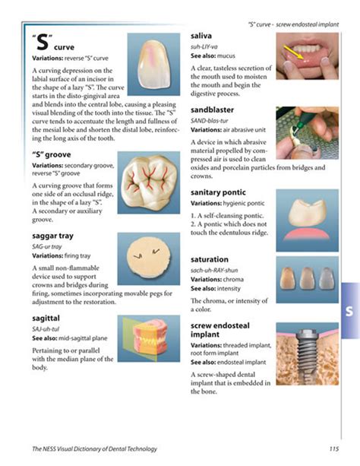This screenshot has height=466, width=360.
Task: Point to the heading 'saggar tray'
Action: pos(54,236)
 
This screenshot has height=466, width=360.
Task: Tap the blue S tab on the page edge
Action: pos(348,312)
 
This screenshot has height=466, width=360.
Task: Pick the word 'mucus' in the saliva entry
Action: pos(226,55)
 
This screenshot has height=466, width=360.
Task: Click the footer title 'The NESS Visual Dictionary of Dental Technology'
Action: pos(98,449)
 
